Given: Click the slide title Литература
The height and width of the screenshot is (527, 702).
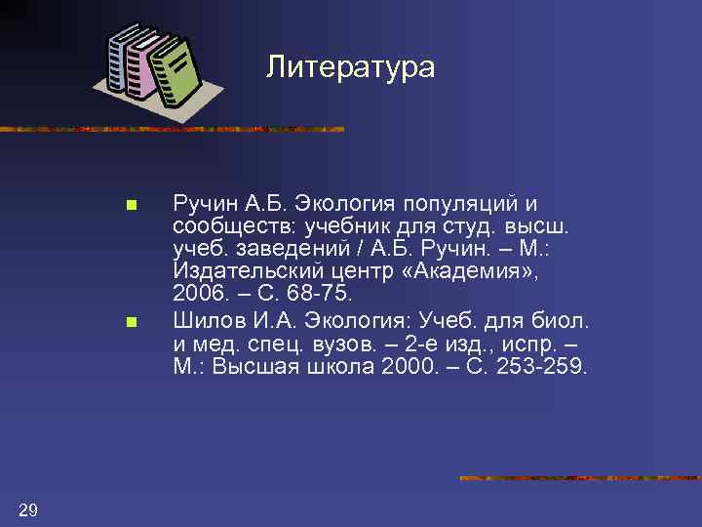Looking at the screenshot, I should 351,66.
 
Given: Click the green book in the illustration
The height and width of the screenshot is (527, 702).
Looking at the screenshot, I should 177,74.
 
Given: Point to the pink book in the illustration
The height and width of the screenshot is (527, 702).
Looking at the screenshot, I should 146,66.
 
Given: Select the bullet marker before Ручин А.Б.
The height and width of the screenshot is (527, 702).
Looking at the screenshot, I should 131,206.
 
